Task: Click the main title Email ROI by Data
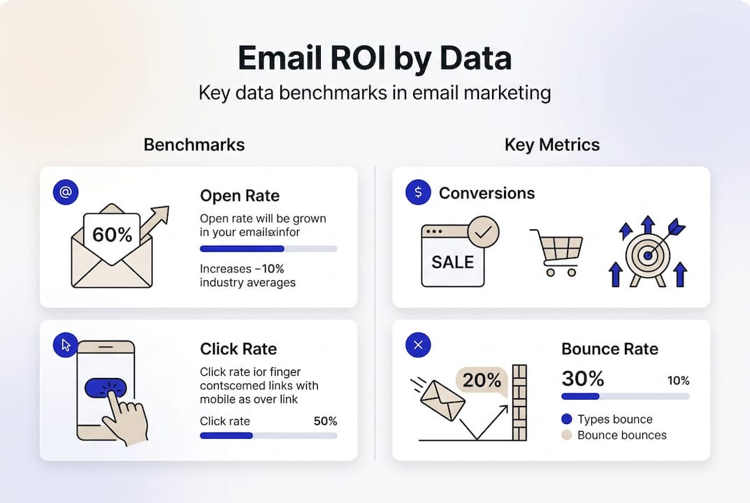375,59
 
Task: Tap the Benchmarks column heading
194,145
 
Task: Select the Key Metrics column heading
551,145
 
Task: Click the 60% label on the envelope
112,235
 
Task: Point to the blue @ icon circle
66,192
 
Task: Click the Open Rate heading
240,196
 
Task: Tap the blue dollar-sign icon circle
418,192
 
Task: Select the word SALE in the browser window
452,263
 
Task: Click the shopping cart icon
557,251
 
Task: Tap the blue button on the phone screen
105,388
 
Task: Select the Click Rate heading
238,349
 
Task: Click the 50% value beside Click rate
326,421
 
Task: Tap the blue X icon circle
418,344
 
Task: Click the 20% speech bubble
482,381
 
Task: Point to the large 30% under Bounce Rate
582,379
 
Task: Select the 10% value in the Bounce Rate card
678,381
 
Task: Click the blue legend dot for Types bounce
566,419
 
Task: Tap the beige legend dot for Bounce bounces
566,435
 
